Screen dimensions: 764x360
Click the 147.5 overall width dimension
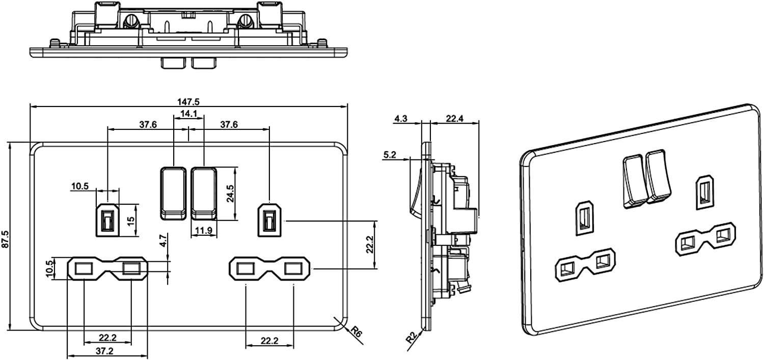[x=188, y=102]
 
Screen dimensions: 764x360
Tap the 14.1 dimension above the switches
[x=188, y=114]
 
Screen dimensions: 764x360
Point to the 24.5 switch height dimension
[x=230, y=193]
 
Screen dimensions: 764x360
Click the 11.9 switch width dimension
[x=204, y=231]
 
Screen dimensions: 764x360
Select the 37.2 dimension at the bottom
[x=105, y=350]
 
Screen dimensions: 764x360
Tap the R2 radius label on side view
[x=412, y=337]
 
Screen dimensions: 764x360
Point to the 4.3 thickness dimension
[x=401, y=119]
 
